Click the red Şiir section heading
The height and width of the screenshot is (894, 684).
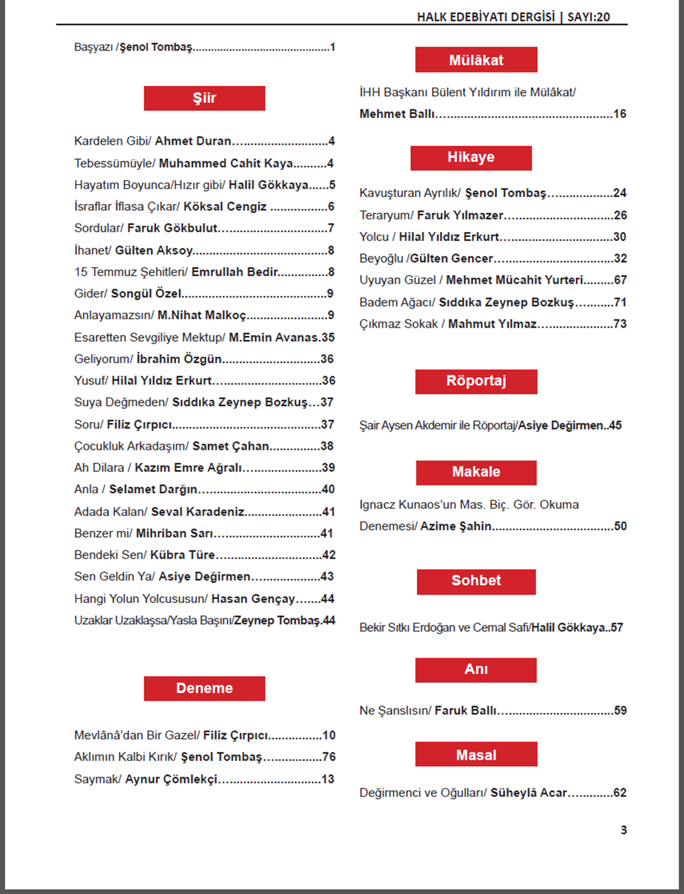(204, 98)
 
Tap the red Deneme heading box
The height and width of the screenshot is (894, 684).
(204, 688)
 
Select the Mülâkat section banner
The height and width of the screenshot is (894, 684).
(476, 60)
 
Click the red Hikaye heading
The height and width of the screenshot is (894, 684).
(471, 157)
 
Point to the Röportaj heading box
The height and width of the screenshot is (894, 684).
(476, 381)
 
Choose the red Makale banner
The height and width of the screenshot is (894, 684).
(476, 472)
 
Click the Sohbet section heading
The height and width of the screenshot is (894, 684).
(476, 581)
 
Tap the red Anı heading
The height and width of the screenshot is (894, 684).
(476, 670)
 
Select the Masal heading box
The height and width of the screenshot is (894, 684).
(476, 754)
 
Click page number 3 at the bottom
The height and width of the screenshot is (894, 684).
(624, 830)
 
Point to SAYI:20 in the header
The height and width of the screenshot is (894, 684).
(588, 17)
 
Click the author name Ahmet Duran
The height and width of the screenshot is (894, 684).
(193, 141)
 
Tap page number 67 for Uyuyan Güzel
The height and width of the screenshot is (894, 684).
(620, 280)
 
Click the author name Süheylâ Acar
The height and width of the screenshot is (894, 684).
(529, 793)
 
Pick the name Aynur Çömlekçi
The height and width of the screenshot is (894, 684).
(171, 779)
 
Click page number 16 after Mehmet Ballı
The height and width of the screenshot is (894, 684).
(620, 114)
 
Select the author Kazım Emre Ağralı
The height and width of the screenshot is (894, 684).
(188, 467)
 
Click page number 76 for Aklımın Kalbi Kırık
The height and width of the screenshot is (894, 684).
(329, 757)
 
